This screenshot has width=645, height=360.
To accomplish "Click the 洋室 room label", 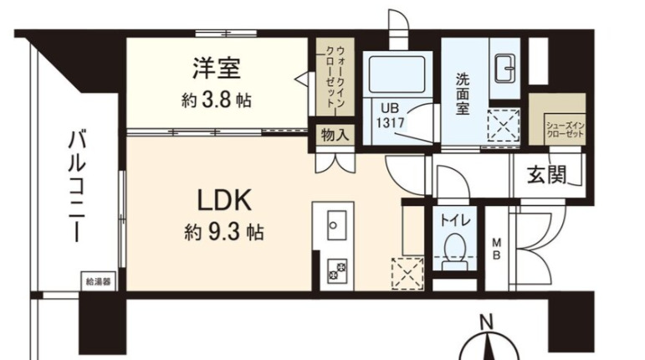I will [217, 67].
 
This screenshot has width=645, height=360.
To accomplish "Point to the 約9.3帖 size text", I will [223, 232].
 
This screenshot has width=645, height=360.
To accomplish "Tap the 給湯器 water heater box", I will [96, 281].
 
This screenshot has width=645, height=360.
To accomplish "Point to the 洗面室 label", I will [463, 95].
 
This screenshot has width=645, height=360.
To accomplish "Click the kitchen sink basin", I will [338, 224].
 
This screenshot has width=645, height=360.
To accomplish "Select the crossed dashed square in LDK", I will [407, 274].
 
